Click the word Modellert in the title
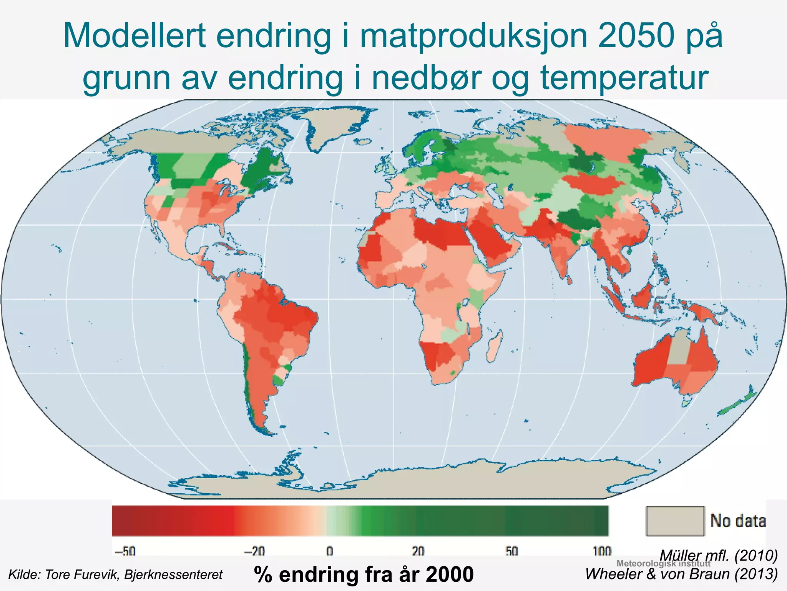(x=133, y=36)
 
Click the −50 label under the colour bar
(x=125, y=551)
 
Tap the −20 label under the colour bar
(x=254, y=551)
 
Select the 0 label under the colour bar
(x=330, y=551)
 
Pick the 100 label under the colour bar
(x=601, y=551)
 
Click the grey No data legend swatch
(x=675, y=521)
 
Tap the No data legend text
(x=738, y=521)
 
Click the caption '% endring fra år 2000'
(x=364, y=574)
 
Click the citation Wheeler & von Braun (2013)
(x=681, y=574)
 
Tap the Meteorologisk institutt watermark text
(x=663, y=564)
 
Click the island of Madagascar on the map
(x=495, y=346)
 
